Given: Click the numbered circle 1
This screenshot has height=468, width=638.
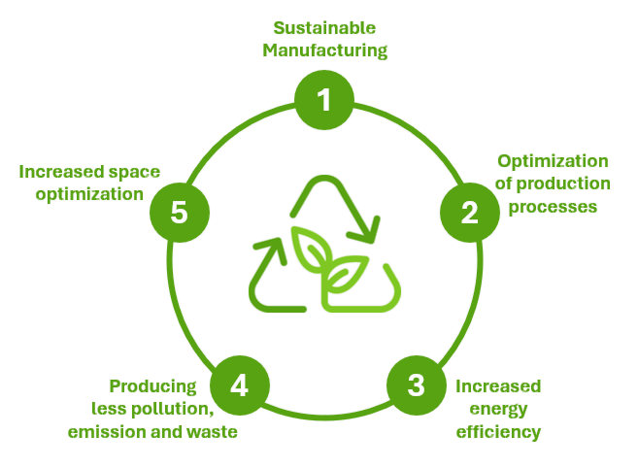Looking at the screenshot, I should [x=324, y=100].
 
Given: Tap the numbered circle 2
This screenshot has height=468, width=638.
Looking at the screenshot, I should [x=470, y=213].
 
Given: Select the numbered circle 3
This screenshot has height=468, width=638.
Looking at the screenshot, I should [x=416, y=384].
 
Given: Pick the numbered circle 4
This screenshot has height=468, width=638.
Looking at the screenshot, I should [x=239, y=384].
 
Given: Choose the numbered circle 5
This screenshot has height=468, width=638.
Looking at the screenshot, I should [x=179, y=213].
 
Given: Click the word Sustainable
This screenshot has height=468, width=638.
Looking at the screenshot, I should [x=324, y=28].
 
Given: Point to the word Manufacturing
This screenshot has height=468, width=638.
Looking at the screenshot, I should [x=324, y=50].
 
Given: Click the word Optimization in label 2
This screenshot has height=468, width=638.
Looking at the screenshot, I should [x=553, y=161].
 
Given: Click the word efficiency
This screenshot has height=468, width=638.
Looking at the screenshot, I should [x=498, y=431].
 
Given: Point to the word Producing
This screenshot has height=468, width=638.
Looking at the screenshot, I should [x=153, y=386].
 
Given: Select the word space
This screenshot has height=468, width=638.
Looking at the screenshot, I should [x=136, y=172].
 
